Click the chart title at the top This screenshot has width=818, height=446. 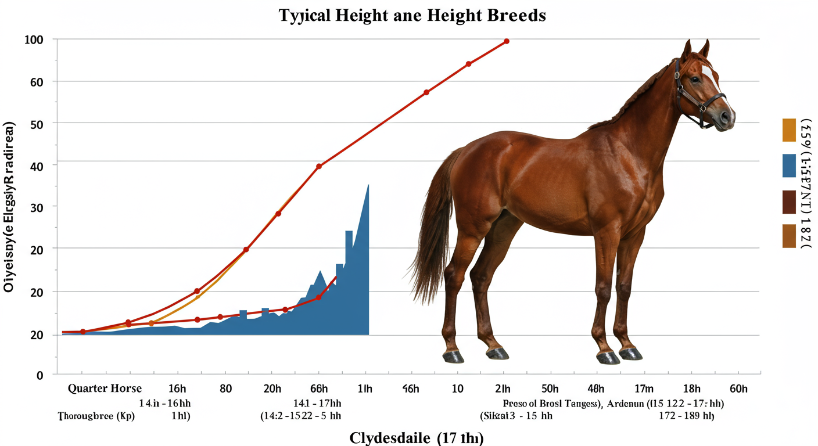click(412, 15)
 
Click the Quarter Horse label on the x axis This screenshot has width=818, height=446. click(104, 389)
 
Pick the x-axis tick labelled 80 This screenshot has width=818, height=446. click(225, 389)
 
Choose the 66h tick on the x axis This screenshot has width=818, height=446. click(319, 389)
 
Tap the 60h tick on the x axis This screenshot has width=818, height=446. click(738, 389)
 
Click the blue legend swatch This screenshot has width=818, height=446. click(789, 166)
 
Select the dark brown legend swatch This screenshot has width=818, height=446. click(789, 202)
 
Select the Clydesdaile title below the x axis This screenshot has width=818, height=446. click(416, 438)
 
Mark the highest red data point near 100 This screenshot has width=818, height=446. click(507, 41)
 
